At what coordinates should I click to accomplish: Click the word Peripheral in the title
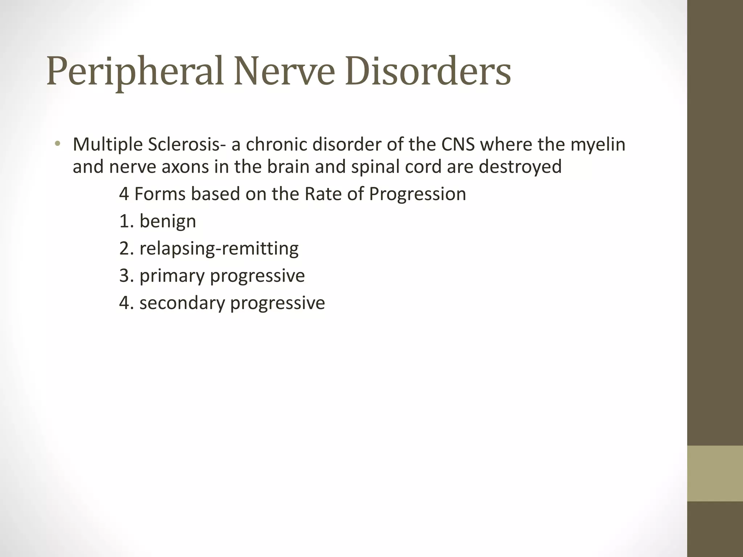coord(134,71)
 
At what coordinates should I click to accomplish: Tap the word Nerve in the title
coord(284,71)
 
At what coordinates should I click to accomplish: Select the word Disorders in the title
coord(428,71)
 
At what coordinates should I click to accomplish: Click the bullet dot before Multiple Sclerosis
coord(57,144)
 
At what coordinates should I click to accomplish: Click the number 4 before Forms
coord(124,194)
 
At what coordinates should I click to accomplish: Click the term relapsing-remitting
coord(219,249)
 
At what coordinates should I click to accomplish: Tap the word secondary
coord(182,303)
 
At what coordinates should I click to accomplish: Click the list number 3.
coord(124,276)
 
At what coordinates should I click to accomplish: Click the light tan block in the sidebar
coord(715,473)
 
